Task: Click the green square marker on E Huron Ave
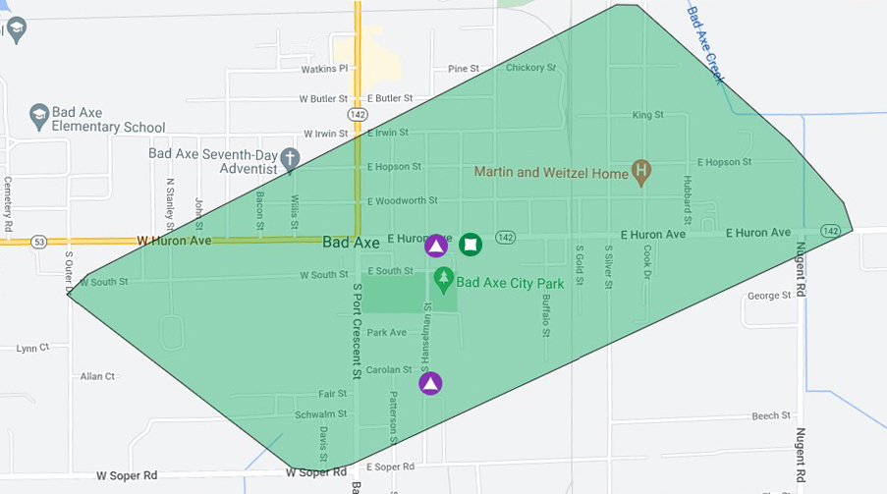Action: coord(471,245)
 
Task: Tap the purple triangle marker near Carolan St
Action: coord(430,383)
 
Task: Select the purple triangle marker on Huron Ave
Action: coord(436,246)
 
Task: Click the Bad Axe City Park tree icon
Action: coord(444,281)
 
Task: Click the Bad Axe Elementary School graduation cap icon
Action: coord(39,114)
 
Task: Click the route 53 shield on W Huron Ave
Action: coord(38,241)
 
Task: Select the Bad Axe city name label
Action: coord(351,242)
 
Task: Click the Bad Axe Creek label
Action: coord(705,44)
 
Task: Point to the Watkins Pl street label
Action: coord(324,69)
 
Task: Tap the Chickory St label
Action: coord(530,68)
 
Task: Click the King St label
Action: coord(648,115)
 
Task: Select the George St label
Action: coord(769,296)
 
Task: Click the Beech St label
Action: coord(771,416)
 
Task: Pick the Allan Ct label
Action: coord(97,376)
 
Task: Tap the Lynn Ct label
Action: coord(32,349)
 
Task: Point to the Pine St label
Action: coord(463,69)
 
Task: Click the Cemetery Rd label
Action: coord(8,203)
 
